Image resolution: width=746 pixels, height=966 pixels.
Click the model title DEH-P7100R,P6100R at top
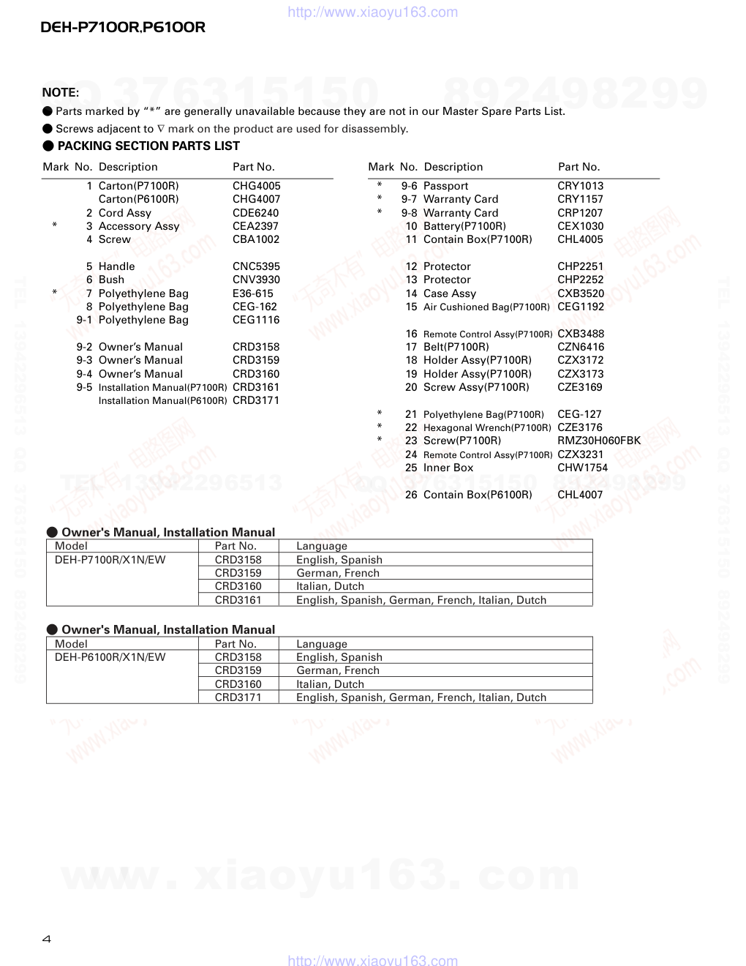123,28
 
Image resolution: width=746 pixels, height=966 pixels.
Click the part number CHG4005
256,186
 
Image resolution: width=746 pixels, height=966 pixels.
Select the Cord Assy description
124,213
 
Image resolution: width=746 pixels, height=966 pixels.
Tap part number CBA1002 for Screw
256,239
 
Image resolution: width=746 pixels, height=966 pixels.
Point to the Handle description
116,266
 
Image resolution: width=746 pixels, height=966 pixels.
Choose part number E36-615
252,293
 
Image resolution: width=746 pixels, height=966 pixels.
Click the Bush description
111,280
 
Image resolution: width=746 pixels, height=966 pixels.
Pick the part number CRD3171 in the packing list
256,400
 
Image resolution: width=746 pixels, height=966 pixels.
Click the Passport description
445,186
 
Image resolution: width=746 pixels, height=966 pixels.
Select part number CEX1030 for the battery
580,226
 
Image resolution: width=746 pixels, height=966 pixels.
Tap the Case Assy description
449,293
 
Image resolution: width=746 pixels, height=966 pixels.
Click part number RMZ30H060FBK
598,441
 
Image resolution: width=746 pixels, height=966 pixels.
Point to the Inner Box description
448,468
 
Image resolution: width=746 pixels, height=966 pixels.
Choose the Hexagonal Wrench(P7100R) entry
487,427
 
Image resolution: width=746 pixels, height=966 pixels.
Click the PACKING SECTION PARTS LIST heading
148,146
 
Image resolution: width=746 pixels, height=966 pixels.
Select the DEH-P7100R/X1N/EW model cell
110,560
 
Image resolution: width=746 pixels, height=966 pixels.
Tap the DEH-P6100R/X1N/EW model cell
110,657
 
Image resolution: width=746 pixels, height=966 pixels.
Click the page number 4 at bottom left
47,940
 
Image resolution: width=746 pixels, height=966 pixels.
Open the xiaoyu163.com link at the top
373,12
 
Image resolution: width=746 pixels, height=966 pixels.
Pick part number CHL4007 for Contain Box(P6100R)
580,495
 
